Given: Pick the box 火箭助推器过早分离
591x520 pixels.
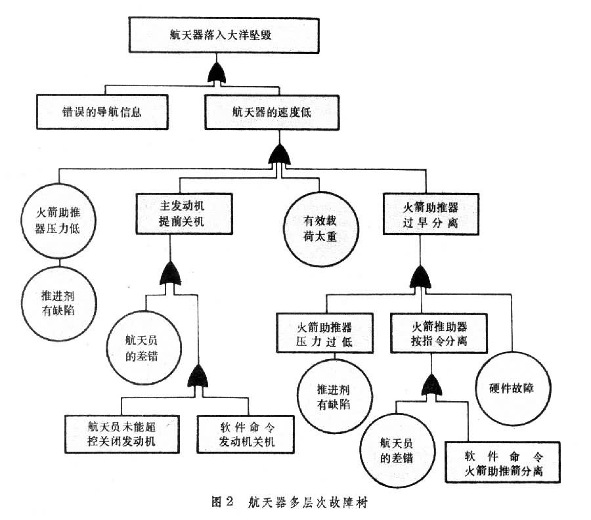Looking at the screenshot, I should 429,214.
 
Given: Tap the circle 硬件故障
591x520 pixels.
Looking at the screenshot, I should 512,387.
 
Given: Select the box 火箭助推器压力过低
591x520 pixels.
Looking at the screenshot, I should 325,334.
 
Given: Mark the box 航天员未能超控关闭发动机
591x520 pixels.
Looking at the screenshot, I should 122,433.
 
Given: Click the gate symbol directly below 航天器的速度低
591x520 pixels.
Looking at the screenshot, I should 280,155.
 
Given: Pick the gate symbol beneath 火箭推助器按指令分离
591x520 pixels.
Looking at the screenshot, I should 431,385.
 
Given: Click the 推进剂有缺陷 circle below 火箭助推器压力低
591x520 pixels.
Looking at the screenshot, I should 60,301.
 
